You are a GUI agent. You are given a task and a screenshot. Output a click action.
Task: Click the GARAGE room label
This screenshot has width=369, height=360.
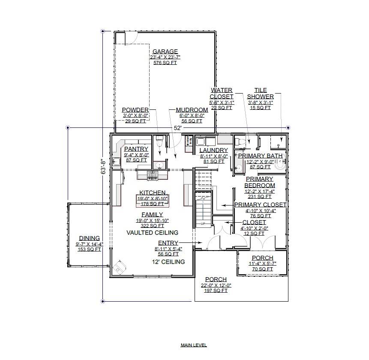pyautogui.click(x=165, y=51)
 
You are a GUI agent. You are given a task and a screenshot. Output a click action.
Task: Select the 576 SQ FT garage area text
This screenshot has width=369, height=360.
pyautogui.click(x=165, y=63)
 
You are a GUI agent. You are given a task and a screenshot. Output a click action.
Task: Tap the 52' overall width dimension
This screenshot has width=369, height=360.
pyautogui.click(x=177, y=128)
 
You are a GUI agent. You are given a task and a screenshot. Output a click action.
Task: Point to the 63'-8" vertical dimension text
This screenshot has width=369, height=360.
pyautogui.click(x=102, y=165)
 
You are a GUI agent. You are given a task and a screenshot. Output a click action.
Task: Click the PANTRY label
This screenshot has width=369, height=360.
pyautogui.click(x=136, y=149)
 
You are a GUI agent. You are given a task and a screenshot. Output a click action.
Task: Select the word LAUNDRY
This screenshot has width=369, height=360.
pyautogui.click(x=213, y=150)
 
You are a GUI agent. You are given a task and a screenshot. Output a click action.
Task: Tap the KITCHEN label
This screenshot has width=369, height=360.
pyautogui.click(x=152, y=193)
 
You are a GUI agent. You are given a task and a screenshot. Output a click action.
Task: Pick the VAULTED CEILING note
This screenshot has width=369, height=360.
pyautogui.click(x=152, y=233)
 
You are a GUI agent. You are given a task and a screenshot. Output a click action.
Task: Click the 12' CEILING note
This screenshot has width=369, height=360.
pyautogui.click(x=168, y=262)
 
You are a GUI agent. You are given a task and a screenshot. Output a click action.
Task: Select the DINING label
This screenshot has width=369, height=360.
pyautogui.click(x=89, y=238)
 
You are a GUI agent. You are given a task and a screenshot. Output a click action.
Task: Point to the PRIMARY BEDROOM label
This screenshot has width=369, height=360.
pyautogui.click(x=259, y=182)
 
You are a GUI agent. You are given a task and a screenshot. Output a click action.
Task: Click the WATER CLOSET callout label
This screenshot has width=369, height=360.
pyautogui.click(x=221, y=93)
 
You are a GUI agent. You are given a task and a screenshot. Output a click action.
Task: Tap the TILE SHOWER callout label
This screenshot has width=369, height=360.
pyautogui.click(x=260, y=93)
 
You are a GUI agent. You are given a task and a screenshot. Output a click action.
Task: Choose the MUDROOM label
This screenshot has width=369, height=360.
pyautogui.click(x=192, y=110)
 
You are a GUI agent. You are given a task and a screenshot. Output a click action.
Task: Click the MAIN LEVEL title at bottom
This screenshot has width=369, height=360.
pyautogui.click(x=193, y=345)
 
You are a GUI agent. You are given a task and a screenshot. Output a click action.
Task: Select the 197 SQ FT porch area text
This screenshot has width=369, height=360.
pyautogui.click(x=216, y=290)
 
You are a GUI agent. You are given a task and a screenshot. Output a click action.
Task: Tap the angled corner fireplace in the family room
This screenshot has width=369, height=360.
pyautogui.click(x=120, y=267)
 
